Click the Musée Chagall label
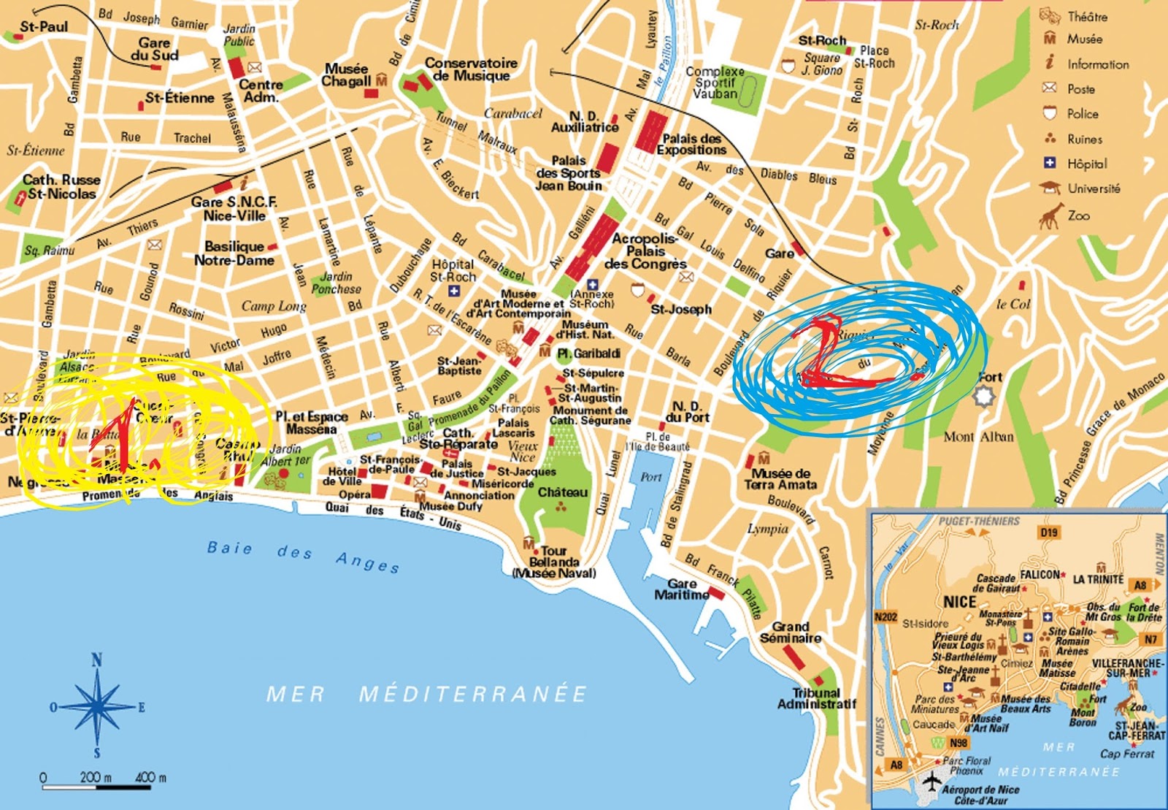[346, 74]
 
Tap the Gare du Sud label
[154, 49]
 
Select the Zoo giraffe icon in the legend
[1050, 215]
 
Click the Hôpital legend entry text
[1087, 164]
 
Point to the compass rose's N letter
[96, 660]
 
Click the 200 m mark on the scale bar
[96, 777]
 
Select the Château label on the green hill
[562, 492]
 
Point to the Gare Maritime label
[681, 589]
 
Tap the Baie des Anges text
[303, 555]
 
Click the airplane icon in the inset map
[931, 782]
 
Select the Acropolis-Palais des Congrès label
[645, 251]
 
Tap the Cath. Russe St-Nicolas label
[61, 186]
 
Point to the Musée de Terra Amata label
[780, 478]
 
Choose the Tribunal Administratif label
[816, 698]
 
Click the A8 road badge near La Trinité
[1140, 584]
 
